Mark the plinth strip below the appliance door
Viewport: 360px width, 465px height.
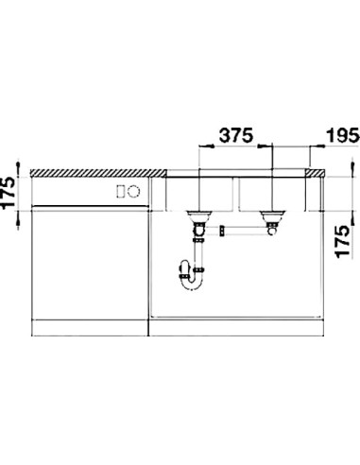90,330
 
